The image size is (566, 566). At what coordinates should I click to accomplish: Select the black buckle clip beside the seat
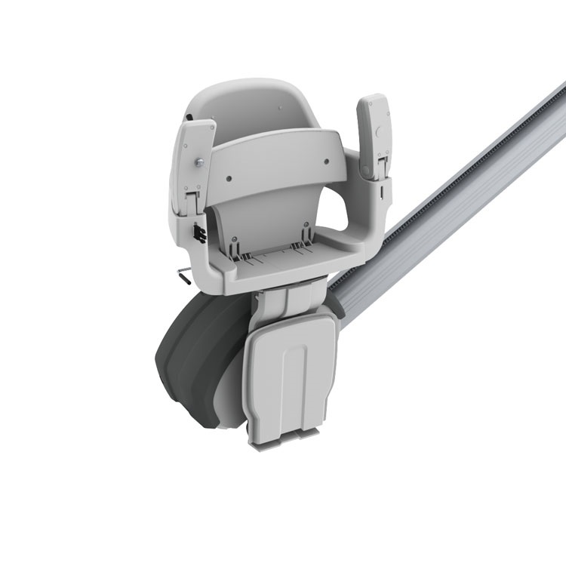(199, 232)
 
